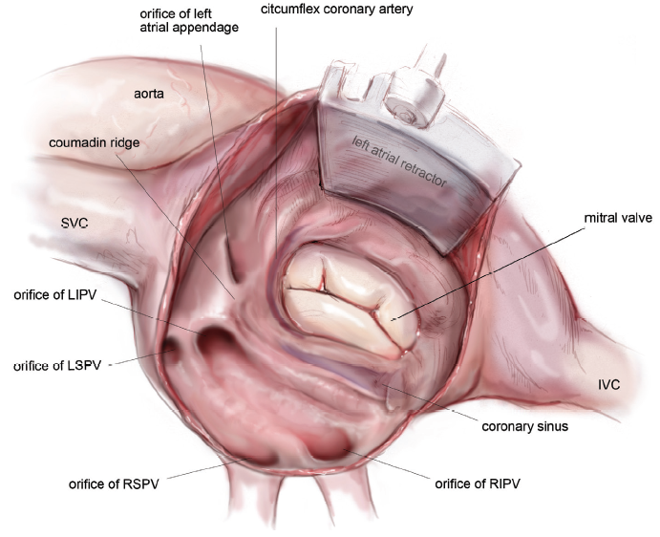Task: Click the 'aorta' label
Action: pos(149,94)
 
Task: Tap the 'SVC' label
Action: pos(75,223)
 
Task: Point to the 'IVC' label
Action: pos(609,384)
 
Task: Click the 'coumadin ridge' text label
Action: pos(95,142)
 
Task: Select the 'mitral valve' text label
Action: pos(618,218)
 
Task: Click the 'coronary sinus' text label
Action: pos(525,426)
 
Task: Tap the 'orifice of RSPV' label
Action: pos(114,483)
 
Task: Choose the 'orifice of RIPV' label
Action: pos(478,483)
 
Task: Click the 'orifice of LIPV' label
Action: pos(55,294)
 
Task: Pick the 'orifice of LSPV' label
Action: pos(57,365)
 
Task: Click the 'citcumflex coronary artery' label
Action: pos(337,10)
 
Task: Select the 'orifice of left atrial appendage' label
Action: pos(189,21)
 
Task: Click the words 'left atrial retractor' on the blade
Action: pos(398,161)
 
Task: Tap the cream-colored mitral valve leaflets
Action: pos(351,299)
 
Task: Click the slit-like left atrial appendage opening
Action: pos(231,262)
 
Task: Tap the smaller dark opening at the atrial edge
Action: pos(171,348)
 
